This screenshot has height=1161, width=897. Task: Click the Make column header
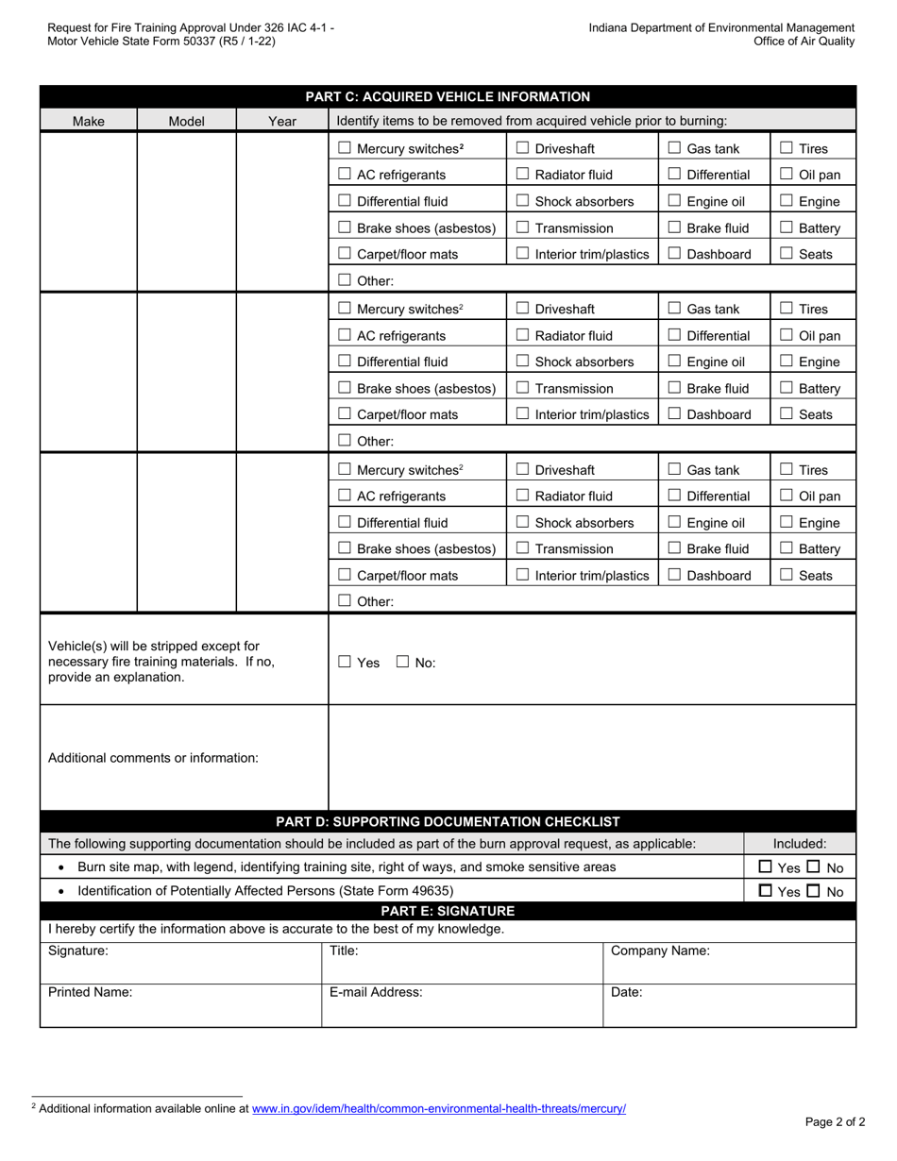coord(89,121)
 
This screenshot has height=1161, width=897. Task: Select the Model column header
coord(186,121)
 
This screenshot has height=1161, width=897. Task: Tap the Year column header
coord(282,121)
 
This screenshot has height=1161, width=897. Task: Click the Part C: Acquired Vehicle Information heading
coord(448,96)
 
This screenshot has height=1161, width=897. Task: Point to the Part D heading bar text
coord(448,821)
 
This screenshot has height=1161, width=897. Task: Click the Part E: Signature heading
coord(448,911)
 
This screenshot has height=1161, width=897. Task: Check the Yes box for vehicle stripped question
coord(345,663)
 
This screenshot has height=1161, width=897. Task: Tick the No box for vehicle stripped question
coord(402,663)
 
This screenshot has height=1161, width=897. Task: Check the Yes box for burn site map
coord(766,867)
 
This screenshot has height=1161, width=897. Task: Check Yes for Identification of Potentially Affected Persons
coord(766,891)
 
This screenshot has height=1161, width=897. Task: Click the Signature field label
coord(78,951)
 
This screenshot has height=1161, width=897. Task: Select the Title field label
coord(344,951)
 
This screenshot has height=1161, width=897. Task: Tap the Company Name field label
coord(660,951)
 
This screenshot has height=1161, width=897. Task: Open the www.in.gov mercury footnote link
coord(438,1108)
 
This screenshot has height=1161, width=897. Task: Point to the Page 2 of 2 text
coord(835,1122)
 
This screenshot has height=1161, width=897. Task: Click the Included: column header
coord(800,844)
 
